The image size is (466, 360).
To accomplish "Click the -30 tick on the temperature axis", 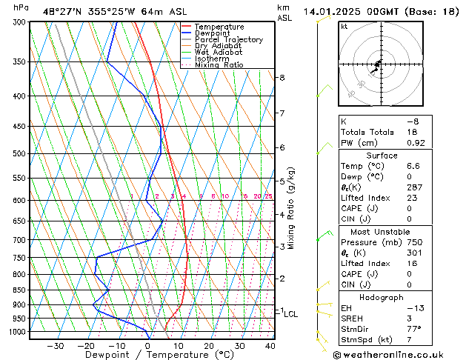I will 54,345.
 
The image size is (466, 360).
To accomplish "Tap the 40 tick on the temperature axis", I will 270,345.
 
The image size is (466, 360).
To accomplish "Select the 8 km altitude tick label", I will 282,77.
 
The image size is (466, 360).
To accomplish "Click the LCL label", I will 291,314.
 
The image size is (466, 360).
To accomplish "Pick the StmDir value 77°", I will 393,329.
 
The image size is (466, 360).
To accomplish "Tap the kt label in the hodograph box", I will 344,26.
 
